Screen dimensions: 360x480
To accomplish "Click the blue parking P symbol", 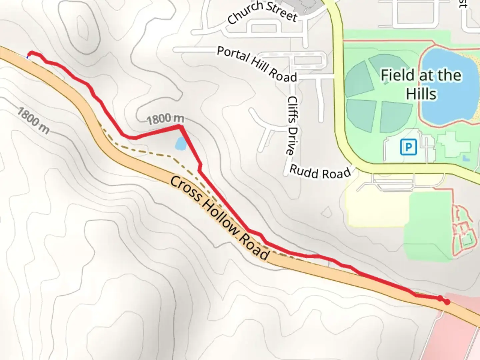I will [408, 147].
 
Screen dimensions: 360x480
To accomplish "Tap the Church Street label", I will [262, 12].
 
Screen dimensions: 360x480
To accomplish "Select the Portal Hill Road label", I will [257, 64].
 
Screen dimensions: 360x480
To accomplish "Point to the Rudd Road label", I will [320, 172].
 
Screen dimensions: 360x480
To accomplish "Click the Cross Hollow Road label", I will [220, 218].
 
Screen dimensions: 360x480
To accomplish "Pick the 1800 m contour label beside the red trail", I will [165, 119].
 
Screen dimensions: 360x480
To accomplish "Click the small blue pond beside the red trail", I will [181, 143].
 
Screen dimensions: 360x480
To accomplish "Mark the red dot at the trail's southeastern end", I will [447, 302].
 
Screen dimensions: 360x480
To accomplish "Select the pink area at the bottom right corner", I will [457, 337].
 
